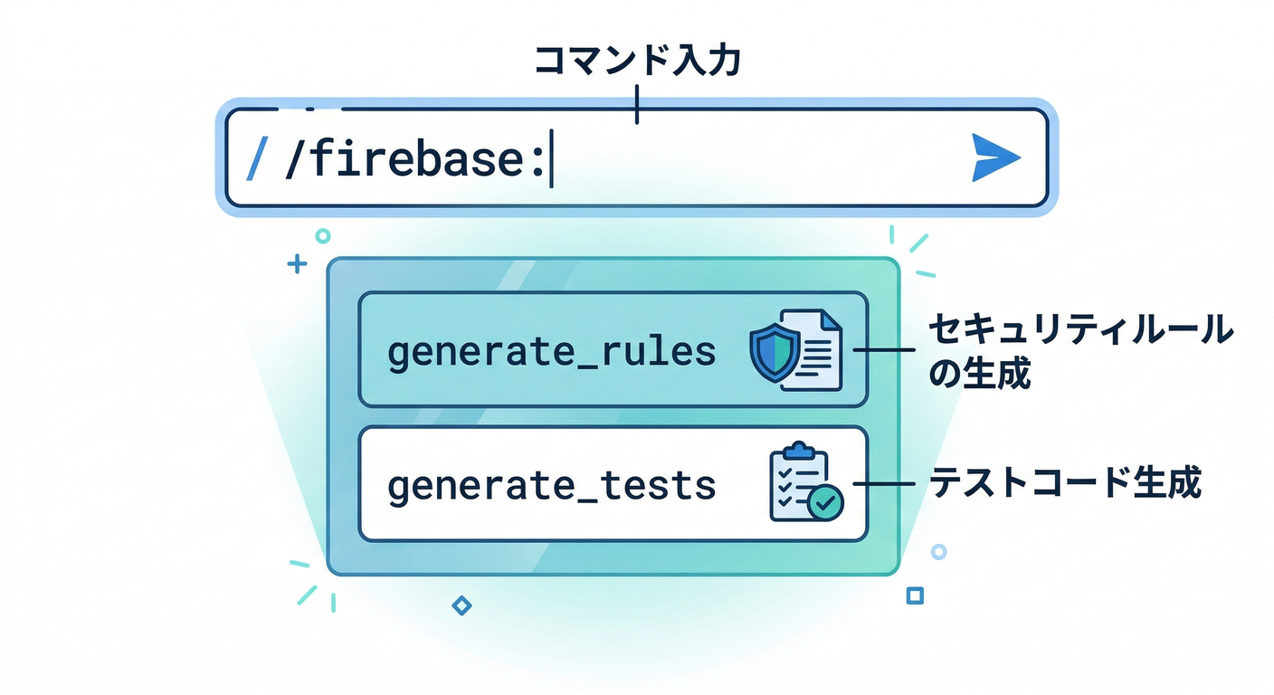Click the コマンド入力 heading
(637, 62)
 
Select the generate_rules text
(551, 352)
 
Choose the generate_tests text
(551, 486)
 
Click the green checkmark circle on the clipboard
(824, 502)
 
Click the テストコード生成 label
(1066, 484)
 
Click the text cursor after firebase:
(551, 160)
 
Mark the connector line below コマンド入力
(637, 104)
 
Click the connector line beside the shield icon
(884, 351)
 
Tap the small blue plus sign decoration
(296, 264)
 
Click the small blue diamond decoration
(461, 605)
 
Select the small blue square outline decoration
(915, 595)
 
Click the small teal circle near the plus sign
(322, 236)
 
